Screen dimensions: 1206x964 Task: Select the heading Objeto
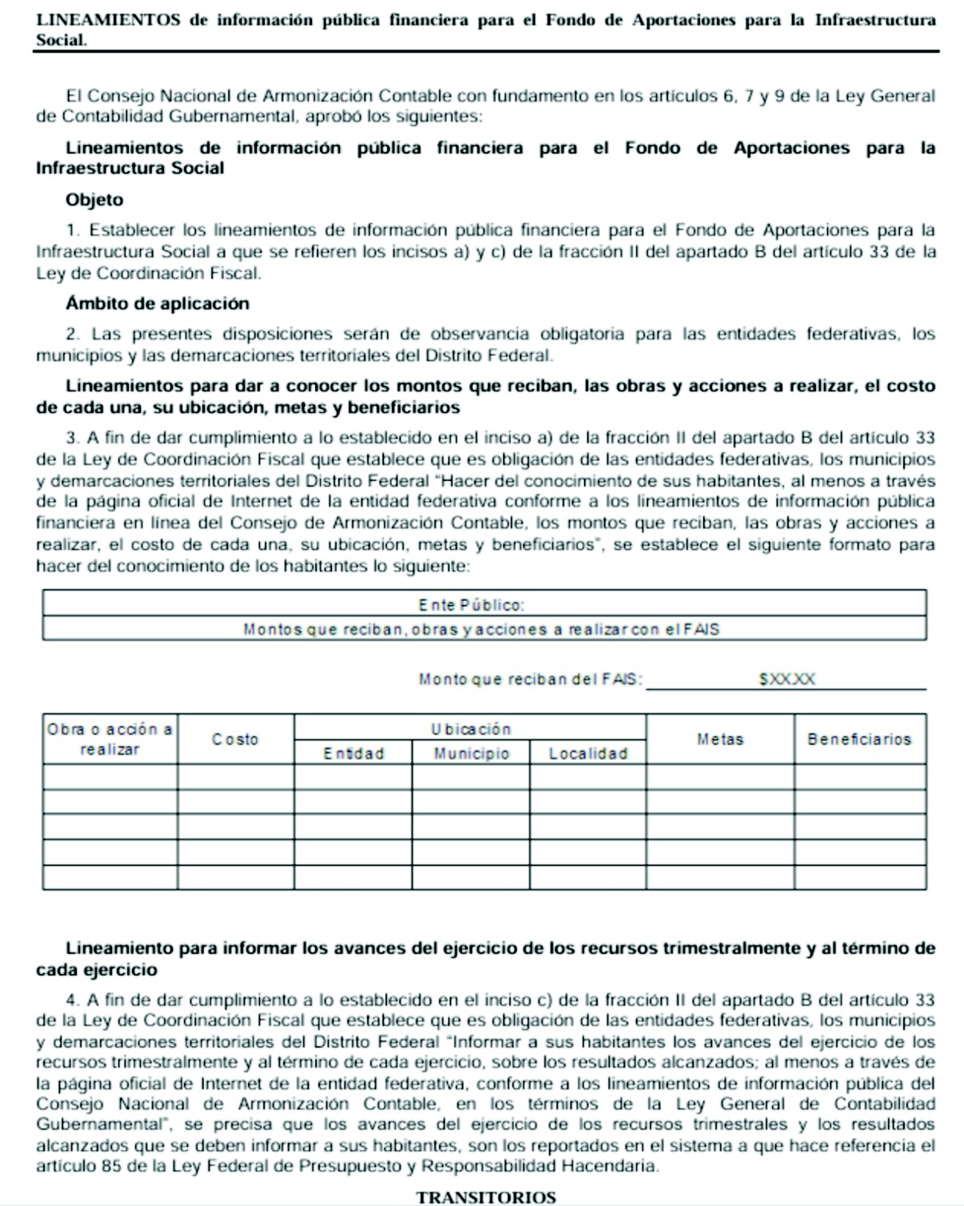pos(94,200)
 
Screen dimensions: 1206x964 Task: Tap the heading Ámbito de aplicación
pos(158,303)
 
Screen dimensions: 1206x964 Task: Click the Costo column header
pos(235,739)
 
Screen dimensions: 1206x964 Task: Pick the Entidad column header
pos(354,753)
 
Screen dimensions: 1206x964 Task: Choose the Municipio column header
pos(471,753)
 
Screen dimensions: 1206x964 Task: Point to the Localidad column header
pos(588,753)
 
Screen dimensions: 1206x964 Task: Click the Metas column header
pos(720,739)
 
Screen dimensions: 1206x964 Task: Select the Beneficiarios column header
pos(859,739)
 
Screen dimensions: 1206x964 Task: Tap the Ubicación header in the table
pos(470,729)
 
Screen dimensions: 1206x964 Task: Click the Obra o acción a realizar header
pos(110,739)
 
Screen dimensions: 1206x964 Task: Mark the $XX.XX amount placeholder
pos(787,679)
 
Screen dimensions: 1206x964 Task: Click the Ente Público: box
pos(484,604)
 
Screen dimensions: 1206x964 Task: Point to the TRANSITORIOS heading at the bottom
pos(486,1197)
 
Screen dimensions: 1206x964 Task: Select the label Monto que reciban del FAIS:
pos(530,679)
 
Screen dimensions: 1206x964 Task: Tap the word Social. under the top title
pos(61,40)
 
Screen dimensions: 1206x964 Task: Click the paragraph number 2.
pos(73,334)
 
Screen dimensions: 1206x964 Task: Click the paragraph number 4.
pos(73,1000)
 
